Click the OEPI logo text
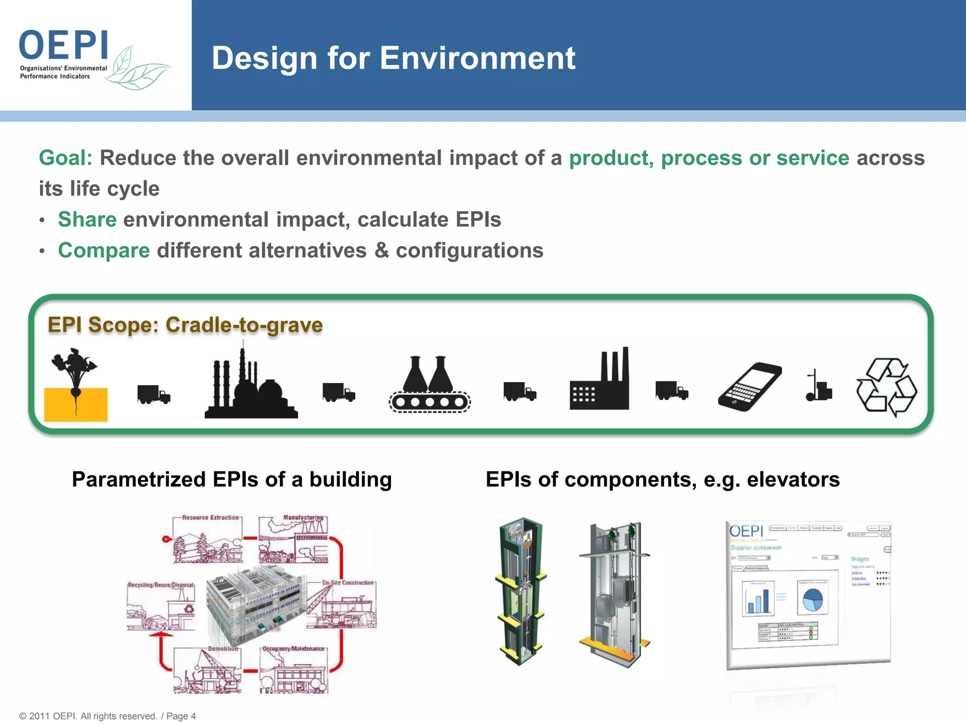tap(64, 45)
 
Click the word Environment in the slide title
tap(477, 58)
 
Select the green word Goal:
tap(66, 158)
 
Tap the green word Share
tap(87, 220)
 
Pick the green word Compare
tap(104, 251)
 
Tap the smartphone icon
tap(749, 387)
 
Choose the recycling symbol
tap(886, 387)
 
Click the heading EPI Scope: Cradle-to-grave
tap(185, 325)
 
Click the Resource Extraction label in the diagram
tap(210, 518)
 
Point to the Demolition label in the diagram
tap(223, 649)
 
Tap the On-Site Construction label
tap(348, 583)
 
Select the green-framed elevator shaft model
tap(521, 592)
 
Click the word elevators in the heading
tap(793, 480)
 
